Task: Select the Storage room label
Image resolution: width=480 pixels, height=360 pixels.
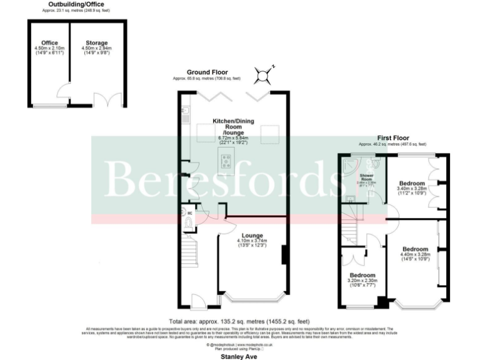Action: [97, 43]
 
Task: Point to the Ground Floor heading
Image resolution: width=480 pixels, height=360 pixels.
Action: [206, 72]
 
